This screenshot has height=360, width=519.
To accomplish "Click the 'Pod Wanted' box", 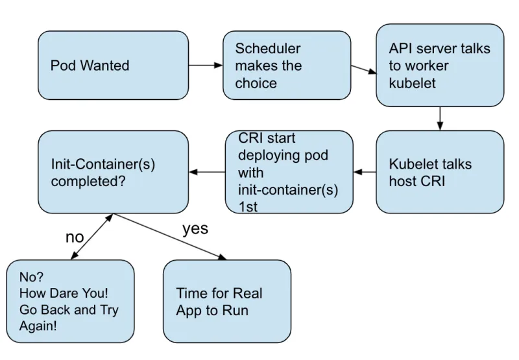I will coord(113,66).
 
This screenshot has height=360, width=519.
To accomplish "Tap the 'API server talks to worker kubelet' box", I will coord(440,66).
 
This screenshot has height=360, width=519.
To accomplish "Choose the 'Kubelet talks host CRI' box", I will coord(440,172).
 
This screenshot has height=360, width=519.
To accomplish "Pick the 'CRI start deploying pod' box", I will coord(289,173).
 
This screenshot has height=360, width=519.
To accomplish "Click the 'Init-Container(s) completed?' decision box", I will coord(113,172).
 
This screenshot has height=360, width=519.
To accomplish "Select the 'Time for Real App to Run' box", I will coord(226,302).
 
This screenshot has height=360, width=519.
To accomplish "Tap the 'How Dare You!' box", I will coord(70,302).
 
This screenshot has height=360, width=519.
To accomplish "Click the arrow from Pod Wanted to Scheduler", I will coord(205,66).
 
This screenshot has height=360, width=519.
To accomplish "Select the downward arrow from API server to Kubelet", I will coord(441,118).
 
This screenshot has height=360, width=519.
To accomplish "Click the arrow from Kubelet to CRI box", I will coord(365,173).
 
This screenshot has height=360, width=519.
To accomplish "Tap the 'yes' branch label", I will coord(195,229).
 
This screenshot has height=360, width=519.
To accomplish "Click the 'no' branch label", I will coord(75,237).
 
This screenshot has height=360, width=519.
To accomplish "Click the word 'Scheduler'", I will coord(267,49).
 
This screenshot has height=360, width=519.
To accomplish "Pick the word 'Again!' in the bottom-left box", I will coord(38,326).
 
